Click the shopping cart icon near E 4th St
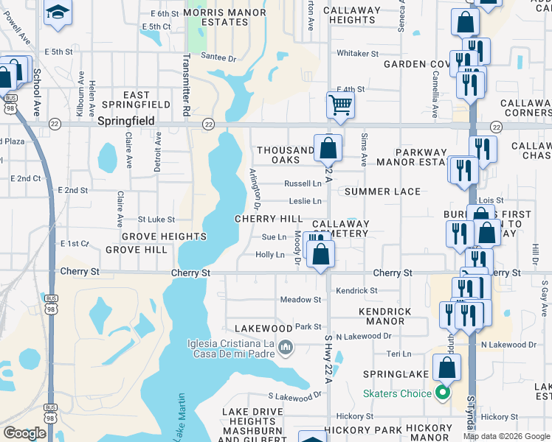pyautogui.click(x=340, y=104)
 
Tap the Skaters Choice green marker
pyautogui.click(x=443, y=393)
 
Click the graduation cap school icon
pyautogui.click(x=57, y=13)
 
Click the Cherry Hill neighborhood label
pyautogui.click(x=269, y=219)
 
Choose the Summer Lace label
pyautogui.click(x=382, y=192)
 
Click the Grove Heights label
pyautogui.click(x=164, y=236)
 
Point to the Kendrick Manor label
pyautogui.click(x=385, y=316)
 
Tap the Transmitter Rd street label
pyautogui.click(x=187, y=86)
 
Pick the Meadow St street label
pyautogui.click(x=300, y=300)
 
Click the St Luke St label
pyautogui.click(x=156, y=220)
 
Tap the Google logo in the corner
pyautogui.click(x=24, y=433)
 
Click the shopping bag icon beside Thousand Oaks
pyautogui.click(x=327, y=148)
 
